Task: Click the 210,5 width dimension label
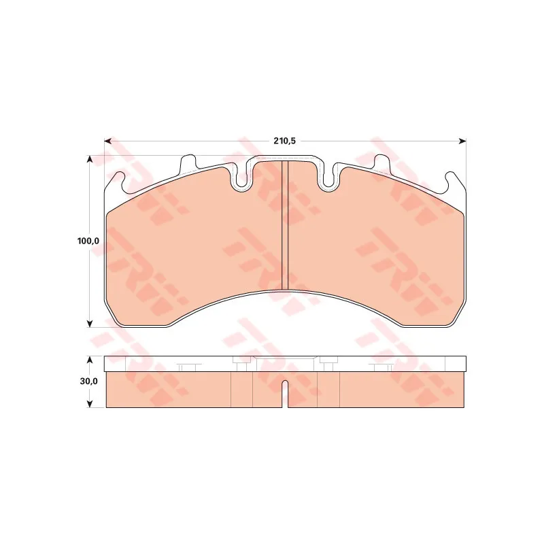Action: (284, 141)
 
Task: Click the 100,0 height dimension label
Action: (88, 241)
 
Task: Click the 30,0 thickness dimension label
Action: (89, 381)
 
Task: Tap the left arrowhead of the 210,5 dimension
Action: (107, 141)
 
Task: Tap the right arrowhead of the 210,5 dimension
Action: (463, 141)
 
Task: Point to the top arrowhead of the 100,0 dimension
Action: (90, 159)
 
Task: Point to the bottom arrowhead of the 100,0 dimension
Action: (90, 324)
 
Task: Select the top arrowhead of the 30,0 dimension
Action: (90, 360)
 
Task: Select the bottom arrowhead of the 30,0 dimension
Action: (90, 403)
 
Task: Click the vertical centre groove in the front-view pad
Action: (285, 225)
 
